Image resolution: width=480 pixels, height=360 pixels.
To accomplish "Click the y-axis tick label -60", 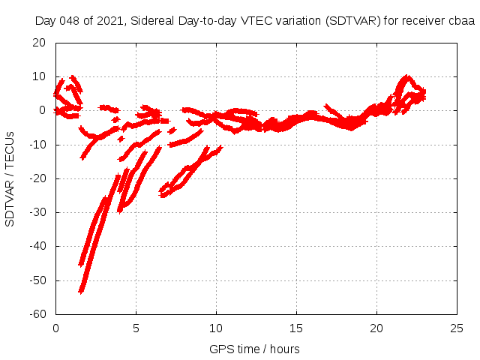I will (38, 314).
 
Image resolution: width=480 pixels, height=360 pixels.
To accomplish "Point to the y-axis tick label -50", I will (38, 280).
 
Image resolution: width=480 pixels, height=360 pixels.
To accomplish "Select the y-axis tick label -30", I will (38, 212).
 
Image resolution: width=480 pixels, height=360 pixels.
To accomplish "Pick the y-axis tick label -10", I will (38, 145).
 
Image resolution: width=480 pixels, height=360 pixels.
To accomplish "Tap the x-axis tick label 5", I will (136, 328).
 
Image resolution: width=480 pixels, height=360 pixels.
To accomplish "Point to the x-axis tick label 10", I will (216, 328).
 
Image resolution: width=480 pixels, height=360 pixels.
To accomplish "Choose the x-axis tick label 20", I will (377, 328).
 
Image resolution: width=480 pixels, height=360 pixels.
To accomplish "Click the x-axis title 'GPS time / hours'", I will (255, 349).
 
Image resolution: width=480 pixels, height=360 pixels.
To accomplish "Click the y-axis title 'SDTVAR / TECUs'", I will (10, 178).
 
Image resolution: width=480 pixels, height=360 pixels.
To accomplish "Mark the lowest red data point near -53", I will (81, 290).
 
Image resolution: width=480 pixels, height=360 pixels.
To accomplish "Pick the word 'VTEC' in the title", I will (252, 21).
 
